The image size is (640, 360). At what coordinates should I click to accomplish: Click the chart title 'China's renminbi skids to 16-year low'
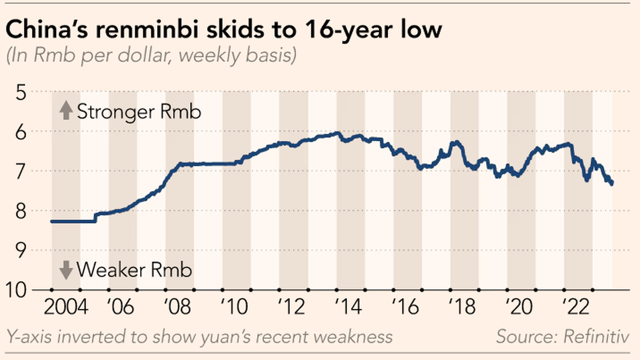point(224,30)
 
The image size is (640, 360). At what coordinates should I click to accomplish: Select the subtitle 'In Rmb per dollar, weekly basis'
point(151,56)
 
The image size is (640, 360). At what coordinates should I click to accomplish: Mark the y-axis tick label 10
point(18,290)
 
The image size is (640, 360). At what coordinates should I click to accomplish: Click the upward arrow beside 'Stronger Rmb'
point(66,112)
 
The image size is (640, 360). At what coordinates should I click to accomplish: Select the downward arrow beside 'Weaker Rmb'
point(66,270)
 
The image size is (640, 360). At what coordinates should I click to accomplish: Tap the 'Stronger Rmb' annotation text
point(139,113)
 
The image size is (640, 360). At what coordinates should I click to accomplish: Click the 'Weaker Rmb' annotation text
point(134,270)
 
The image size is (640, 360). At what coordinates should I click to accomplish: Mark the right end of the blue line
point(612,183)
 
